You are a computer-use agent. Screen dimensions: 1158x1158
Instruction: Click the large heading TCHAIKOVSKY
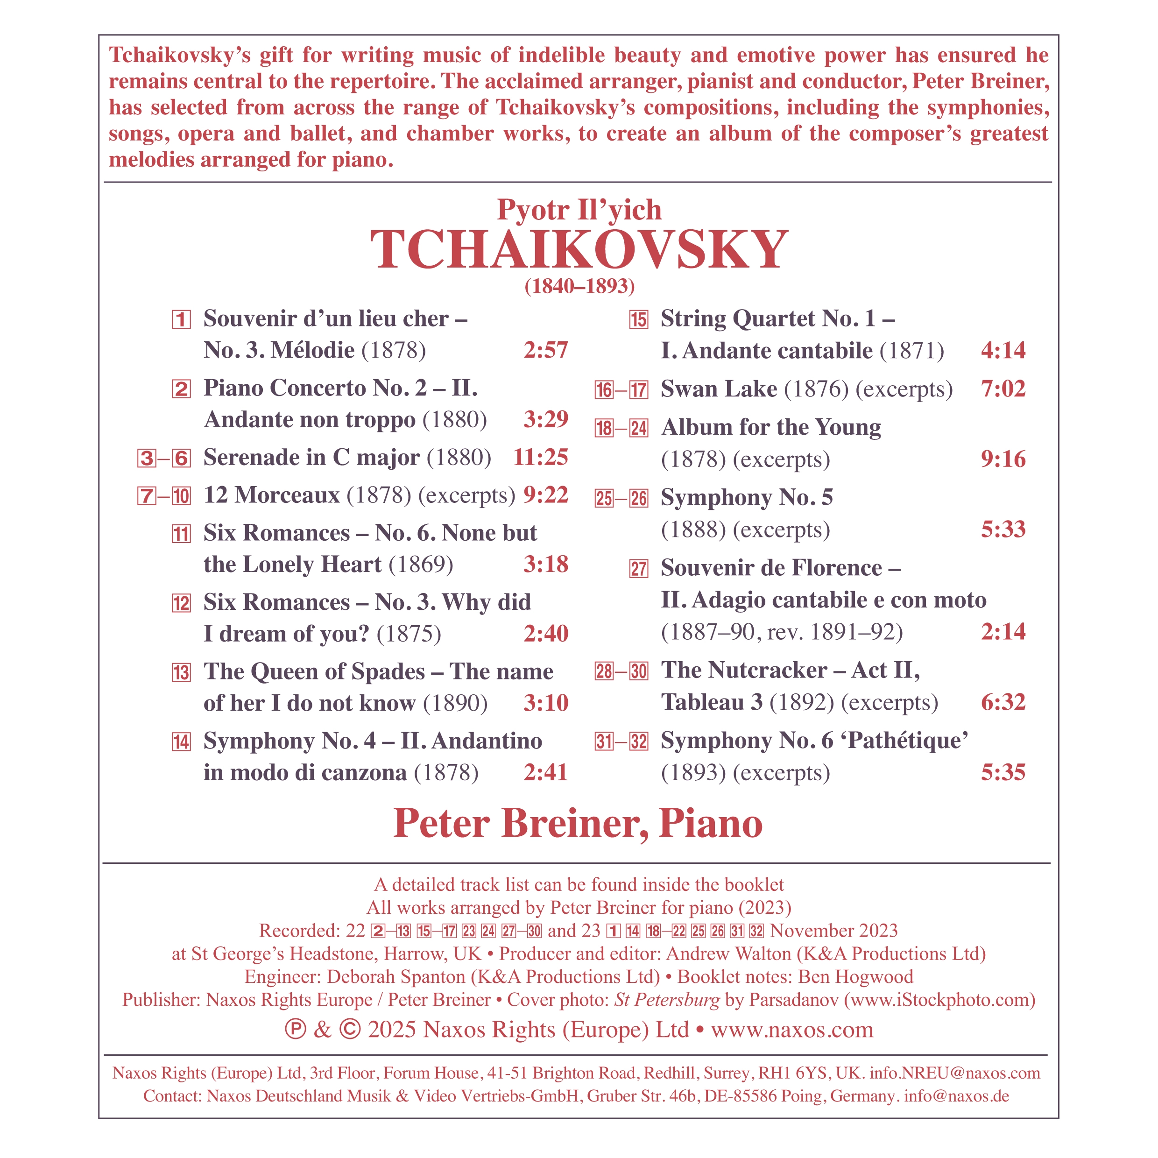pos(579,249)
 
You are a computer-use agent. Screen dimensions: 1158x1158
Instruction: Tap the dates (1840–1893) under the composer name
pos(579,287)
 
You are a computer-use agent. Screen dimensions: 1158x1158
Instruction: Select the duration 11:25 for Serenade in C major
pos(541,457)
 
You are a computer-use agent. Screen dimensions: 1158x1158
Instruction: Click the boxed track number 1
pos(181,319)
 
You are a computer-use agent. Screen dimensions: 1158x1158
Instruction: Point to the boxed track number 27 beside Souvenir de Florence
pos(638,569)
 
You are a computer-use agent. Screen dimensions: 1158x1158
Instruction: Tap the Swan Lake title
pos(719,389)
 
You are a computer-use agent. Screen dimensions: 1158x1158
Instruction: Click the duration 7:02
pos(1003,389)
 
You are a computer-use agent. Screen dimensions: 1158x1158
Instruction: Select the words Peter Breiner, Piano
pos(578,824)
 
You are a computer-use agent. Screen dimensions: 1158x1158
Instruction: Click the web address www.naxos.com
pos(792,1029)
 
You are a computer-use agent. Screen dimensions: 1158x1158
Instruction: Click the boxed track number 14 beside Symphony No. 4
pos(181,742)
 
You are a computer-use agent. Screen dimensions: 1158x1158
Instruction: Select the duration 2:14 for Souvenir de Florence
pos(1003,631)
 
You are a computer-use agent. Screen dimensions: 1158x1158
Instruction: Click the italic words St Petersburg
pos(666,999)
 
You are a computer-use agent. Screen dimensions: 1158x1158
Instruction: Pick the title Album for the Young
pos(771,427)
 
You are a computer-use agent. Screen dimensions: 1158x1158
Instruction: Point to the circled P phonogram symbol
pos(295,1029)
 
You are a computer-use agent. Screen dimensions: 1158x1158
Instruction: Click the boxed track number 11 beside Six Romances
pos(181,534)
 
